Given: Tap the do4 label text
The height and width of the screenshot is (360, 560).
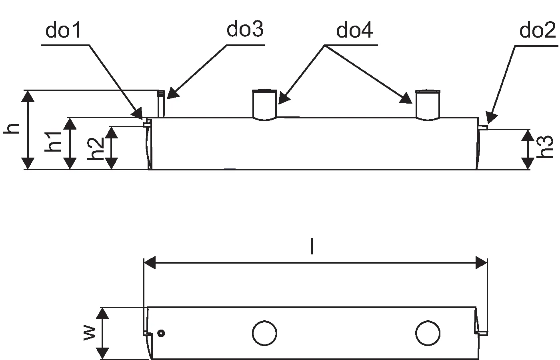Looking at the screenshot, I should (x=354, y=30).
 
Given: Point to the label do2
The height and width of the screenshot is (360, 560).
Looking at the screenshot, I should (x=537, y=30).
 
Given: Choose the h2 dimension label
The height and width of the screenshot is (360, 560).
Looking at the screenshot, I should (x=96, y=148).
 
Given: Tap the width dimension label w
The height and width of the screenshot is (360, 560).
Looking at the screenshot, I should (x=89, y=333).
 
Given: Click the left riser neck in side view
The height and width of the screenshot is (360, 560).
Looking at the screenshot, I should (x=265, y=104).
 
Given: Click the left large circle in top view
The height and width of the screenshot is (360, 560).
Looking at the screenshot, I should (x=265, y=333).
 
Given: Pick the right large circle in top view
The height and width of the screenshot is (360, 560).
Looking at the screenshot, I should (x=428, y=333).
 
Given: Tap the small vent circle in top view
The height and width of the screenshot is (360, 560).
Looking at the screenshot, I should (x=161, y=333).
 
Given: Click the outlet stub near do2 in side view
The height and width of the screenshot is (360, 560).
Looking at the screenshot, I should (x=483, y=128).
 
